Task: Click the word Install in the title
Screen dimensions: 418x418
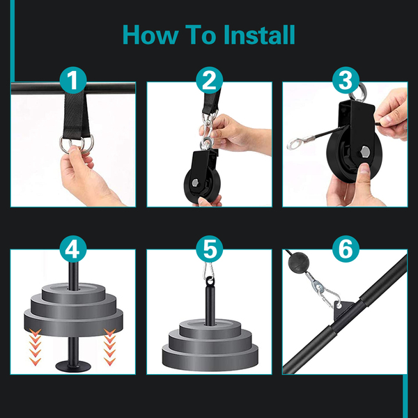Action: [x=259, y=35]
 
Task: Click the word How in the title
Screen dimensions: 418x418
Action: [x=150, y=35]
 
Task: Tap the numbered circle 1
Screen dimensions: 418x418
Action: [x=73, y=80]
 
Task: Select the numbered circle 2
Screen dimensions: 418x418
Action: [x=209, y=80]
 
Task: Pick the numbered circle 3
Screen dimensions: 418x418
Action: [x=346, y=80]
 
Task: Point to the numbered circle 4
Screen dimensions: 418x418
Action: [x=73, y=249]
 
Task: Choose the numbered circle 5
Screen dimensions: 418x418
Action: [x=209, y=249]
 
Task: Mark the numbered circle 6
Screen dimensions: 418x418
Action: [x=346, y=249]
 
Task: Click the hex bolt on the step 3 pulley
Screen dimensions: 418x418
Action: [x=365, y=152]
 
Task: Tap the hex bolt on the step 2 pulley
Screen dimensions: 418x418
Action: [x=195, y=183]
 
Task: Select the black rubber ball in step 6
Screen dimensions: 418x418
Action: [x=298, y=263]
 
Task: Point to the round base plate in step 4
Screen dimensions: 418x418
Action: [x=73, y=366]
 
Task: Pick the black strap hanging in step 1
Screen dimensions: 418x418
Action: [x=76, y=115]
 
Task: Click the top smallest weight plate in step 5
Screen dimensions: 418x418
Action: [x=210, y=329]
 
